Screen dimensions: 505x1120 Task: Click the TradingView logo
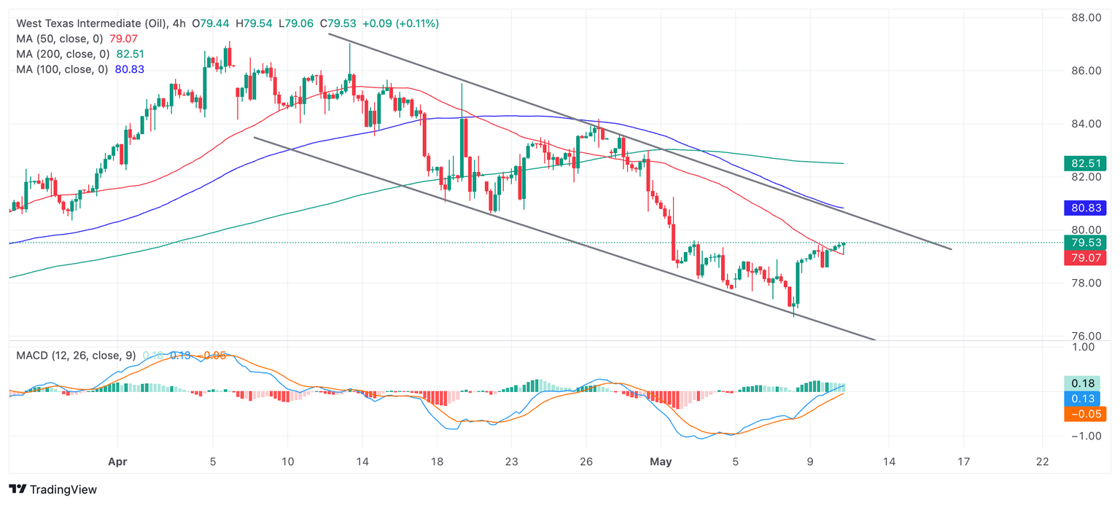pos(52,490)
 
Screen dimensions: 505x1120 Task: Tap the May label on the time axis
pos(661,461)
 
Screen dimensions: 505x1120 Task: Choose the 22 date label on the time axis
pos(1043,461)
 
